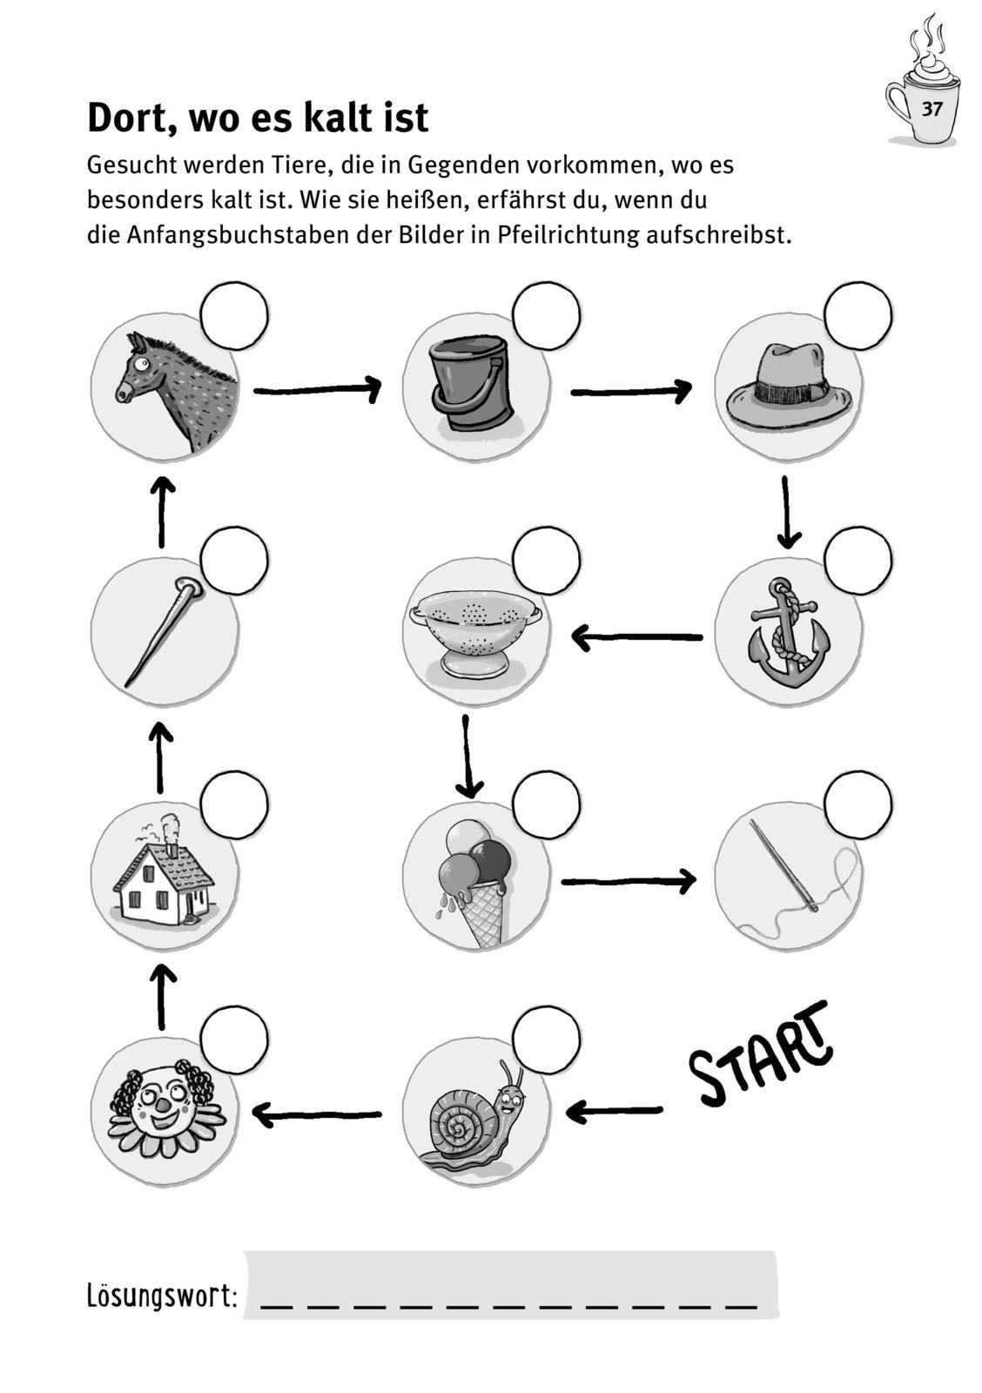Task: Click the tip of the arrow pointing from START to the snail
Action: [x=568, y=1111]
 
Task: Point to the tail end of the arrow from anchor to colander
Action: [x=702, y=636]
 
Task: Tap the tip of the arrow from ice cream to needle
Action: [x=696, y=880]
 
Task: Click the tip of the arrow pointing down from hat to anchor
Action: [x=788, y=548]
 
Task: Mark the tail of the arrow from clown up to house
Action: [x=163, y=1029]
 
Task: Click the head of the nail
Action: [x=189, y=585]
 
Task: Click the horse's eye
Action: [x=143, y=362]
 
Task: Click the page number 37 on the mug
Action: [x=932, y=110]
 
